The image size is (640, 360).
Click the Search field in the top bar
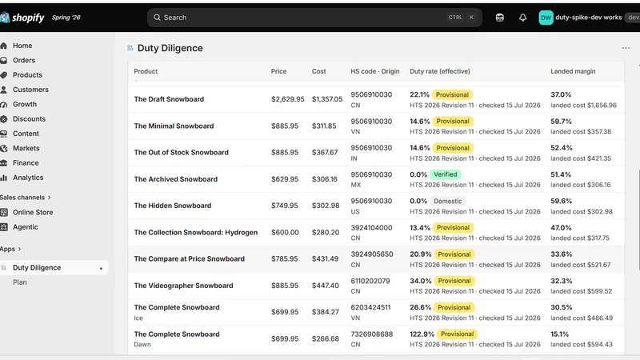coord(314,18)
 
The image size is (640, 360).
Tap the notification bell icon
coord(522,18)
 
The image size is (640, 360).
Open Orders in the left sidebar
coord(24,60)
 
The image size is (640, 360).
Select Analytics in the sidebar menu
coord(28,178)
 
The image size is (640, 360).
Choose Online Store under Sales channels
coord(33,212)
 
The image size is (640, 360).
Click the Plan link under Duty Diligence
coord(19,282)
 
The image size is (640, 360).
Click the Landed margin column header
coord(573,71)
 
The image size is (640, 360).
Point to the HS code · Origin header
coord(374,71)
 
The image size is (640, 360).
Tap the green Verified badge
coord(446,174)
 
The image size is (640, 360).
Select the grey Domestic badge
coord(448,202)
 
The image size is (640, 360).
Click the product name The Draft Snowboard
coord(169,99)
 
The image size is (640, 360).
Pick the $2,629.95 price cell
coord(288,99)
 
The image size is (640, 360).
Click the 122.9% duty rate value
coord(422,334)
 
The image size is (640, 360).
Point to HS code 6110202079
coord(370,281)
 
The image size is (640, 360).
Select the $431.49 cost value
coord(326,258)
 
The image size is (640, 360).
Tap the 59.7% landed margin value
coord(561,122)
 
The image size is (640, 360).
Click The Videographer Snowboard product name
coord(184,286)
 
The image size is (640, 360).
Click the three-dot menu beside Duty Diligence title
coord(626,48)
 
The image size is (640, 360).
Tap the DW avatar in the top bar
coord(546,18)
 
